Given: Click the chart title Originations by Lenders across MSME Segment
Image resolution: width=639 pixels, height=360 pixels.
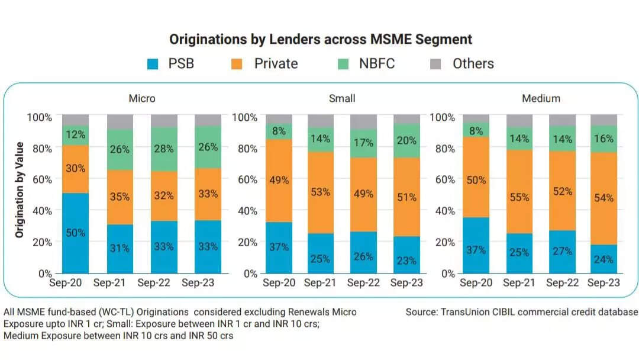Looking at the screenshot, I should pyautogui.click(x=320, y=40).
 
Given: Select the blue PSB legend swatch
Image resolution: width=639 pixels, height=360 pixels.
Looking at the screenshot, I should pyautogui.click(x=153, y=64).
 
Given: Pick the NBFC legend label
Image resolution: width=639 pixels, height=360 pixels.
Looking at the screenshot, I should pyautogui.click(x=377, y=64).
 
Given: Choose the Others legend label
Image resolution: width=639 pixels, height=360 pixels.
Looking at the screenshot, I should pyautogui.click(x=473, y=64).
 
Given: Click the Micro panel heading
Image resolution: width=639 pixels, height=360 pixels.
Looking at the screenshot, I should pyautogui.click(x=142, y=98).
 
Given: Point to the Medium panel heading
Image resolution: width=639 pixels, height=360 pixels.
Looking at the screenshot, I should pyautogui.click(x=540, y=98).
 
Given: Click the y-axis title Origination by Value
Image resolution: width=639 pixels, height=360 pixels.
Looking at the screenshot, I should pyautogui.click(x=20, y=190).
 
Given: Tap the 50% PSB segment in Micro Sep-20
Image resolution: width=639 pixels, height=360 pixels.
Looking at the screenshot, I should pyautogui.click(x=76, y=233).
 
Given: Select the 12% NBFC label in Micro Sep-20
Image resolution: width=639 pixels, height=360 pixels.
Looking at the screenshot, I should pyautogui.click(x=76, y=136).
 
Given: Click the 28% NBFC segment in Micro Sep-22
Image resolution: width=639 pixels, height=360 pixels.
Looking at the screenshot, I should pyautogui.click(x=164, y=149).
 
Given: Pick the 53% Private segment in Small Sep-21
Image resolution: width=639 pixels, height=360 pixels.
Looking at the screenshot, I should pyautogui.click(x=320, y=192).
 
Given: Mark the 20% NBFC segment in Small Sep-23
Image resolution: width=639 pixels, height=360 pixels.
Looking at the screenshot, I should pyautogui.click(x=407, y=141).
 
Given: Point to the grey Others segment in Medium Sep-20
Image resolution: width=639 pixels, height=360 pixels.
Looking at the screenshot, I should pyautogui.click(x=476, y=118).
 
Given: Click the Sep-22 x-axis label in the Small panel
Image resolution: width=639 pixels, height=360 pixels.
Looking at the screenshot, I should pyautogui.click(x=363, y=283).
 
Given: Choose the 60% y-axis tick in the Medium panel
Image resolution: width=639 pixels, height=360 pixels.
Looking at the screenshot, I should pyautogui.click(x=444, y=179).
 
